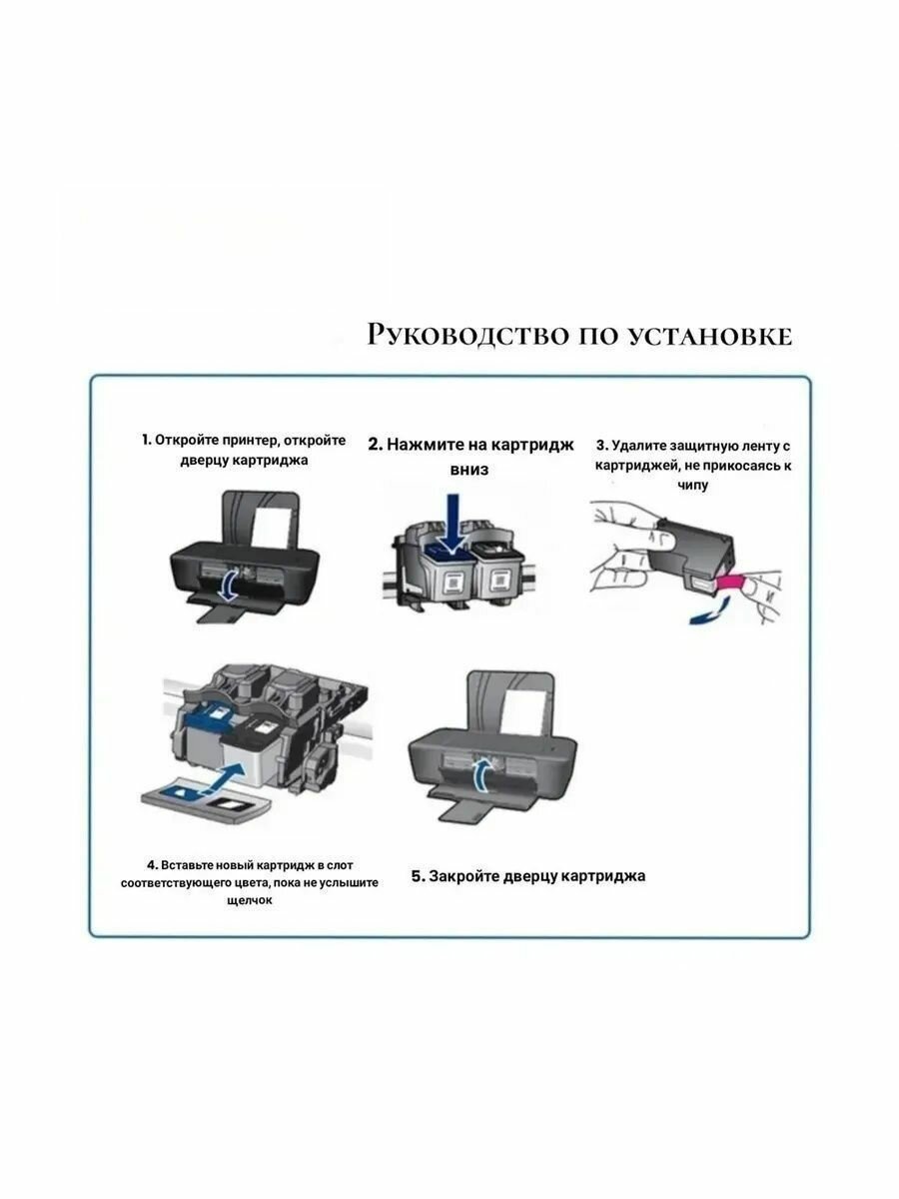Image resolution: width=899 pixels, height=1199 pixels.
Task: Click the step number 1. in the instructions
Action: tap(146, 440)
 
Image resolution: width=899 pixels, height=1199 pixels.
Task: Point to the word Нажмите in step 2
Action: tap(424, 445)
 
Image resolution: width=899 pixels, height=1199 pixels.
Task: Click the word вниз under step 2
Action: tap(469, 470)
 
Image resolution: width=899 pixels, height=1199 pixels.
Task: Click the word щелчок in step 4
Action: tap(250, 901)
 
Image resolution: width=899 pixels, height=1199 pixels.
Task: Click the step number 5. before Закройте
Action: tap(418, 876)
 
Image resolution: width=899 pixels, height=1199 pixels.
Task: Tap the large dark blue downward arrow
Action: tap(452, 524)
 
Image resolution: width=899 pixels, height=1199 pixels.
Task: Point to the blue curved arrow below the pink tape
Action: tap(711, 611)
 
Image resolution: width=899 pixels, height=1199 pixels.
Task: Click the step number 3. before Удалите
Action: tap(602, 446)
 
